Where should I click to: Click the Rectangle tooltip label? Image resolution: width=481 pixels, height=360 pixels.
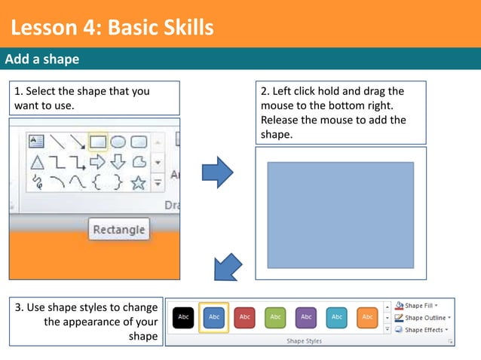click(x=119, y=229)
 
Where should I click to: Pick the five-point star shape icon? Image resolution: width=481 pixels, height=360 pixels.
click(x=138, y=182)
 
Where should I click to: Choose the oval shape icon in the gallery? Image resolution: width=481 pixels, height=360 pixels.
click(x=118, y=142)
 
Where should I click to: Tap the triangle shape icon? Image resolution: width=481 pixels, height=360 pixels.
click(x=36, y=162)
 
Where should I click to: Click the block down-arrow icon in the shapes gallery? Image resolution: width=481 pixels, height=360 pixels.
click(x=118, y=162)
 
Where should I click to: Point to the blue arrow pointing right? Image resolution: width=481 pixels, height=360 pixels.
click(x=219, y=173)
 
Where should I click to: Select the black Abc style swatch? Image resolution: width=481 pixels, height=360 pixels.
click(x=183, y=318)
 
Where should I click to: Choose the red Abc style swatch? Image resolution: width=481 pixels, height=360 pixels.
click(x=245, y=318)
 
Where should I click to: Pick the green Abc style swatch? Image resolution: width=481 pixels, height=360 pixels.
click(x=275, y=318)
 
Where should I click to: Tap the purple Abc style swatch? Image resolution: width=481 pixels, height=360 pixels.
click(x=306, y=318)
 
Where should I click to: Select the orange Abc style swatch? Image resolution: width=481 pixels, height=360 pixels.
click(x=367, y=318)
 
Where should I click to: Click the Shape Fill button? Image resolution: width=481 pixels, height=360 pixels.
click(x=420, y=306)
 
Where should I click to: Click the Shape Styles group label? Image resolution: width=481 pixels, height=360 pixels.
click(x=304, y=341)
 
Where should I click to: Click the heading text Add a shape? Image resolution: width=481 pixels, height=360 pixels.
click(x=43, y=59)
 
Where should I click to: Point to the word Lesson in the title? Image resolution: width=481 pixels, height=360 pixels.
click(x=42, y=29)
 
